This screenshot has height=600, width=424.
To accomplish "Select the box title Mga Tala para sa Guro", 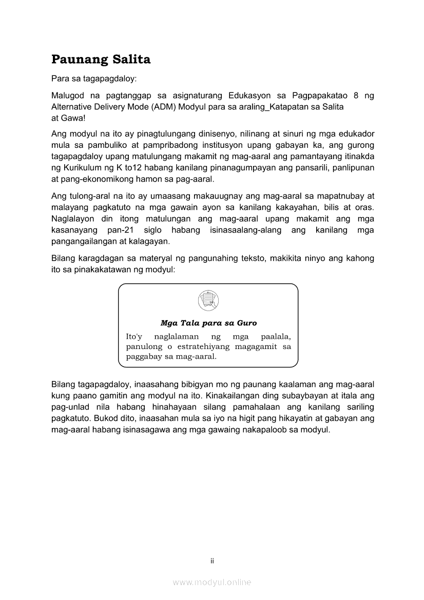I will (x=208, y=323).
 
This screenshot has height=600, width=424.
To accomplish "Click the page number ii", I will (x=211, y=561).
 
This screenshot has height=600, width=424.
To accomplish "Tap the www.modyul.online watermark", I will (x=211, y=582).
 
